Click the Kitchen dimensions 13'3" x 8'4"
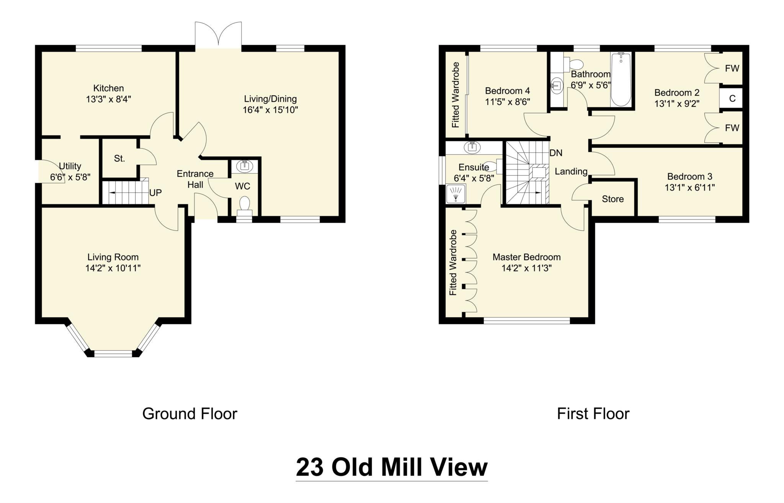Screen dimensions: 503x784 [x=108, y=100]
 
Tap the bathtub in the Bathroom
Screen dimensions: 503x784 [x=621, y=80]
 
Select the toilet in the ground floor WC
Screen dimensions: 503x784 [x=244, y=204]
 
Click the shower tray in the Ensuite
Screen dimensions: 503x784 [x=456, y=193]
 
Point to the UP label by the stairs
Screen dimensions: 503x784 [x=155, y=193]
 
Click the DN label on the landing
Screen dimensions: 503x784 [x=556, y=153]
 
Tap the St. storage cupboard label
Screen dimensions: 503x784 [x=119, y=158]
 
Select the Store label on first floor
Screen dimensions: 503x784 [x=612, y=199]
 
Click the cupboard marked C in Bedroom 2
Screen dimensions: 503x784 [x=732, y=99]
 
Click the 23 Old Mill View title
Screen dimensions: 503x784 [x=392, y=467]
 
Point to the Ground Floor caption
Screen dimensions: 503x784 [x=189, y=414]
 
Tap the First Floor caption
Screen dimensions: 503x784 [x=593, y=414]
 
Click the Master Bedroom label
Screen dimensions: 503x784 [x=526, y=257]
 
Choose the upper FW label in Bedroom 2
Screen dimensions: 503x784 [x=732, y=69]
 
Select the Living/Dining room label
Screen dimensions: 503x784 [x=270, y=99]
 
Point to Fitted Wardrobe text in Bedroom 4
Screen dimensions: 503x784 [x=456, y=95]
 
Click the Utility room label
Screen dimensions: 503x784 [x=70, y=166]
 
